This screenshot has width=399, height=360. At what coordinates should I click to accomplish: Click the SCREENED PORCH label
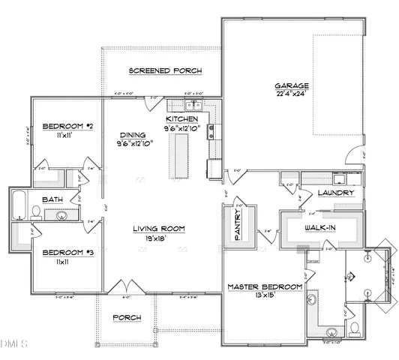(165, 71)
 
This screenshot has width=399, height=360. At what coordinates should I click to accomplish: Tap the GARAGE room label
(291, 85)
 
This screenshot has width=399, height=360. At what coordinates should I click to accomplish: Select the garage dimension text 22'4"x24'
(291, 94)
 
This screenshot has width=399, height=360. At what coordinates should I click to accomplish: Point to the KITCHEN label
(181, 119)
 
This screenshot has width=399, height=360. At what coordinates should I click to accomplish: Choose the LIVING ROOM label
(159, 229)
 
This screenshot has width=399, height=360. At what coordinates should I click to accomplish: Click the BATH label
(52, 199)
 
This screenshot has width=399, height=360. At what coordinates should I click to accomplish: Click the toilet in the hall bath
(36, 214)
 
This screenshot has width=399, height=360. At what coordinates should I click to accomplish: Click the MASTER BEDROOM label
(265, 286)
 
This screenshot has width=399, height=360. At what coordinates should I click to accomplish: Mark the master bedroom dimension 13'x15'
(265, 296)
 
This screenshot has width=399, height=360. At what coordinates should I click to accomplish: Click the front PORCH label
(127, 317)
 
